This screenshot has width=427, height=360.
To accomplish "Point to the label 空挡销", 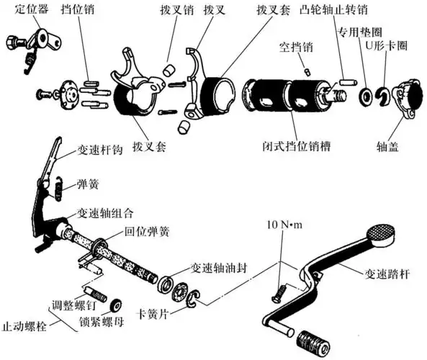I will pos(297,47).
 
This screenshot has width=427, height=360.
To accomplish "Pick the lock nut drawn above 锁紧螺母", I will pos(114,303).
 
